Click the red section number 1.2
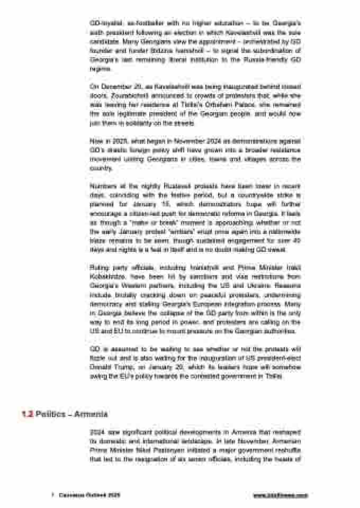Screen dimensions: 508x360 (x=27, y=413)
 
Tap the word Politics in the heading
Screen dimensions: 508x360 (x=51, y=413)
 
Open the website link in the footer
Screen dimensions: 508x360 (x=280, y=495)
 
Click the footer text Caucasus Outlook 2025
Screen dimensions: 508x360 (x=89, y=495)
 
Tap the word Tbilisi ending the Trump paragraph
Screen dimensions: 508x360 (x=274, y=377)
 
